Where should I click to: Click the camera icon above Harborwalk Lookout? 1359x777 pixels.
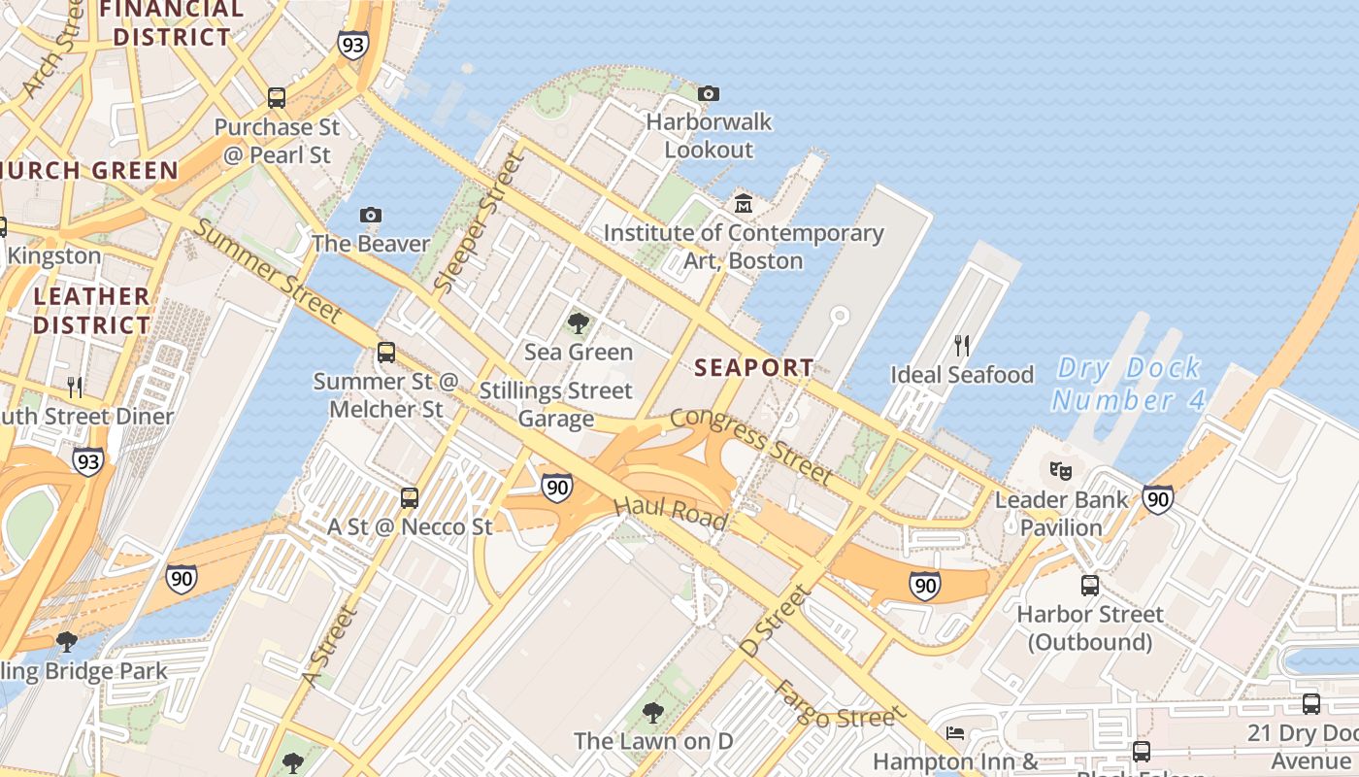point(709,93)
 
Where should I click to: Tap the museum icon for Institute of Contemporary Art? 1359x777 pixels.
point(744,203)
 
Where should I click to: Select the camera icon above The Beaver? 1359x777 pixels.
point(370,215)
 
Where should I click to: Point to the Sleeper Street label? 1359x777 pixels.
point(472,224)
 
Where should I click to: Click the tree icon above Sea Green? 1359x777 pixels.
point(579,323)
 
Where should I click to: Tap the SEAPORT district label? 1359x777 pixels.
point(754,367)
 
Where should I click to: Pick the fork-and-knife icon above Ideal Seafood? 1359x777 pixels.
point(962,345)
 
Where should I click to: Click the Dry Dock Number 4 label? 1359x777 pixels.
point(1128,385)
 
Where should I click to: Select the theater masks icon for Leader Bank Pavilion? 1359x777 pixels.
point(1061,471)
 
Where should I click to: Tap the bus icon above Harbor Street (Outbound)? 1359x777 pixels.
point(1090,586)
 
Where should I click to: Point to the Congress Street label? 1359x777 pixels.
point(751,445)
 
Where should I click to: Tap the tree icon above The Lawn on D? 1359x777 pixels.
point(653,713)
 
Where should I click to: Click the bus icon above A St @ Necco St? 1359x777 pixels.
point(410,498)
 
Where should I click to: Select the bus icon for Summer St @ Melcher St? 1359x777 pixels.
point(386,353)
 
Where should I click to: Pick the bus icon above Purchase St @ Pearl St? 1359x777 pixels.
point(277,98)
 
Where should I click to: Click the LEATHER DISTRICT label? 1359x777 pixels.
point(92,310)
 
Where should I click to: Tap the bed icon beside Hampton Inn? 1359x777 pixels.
point(955,733)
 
